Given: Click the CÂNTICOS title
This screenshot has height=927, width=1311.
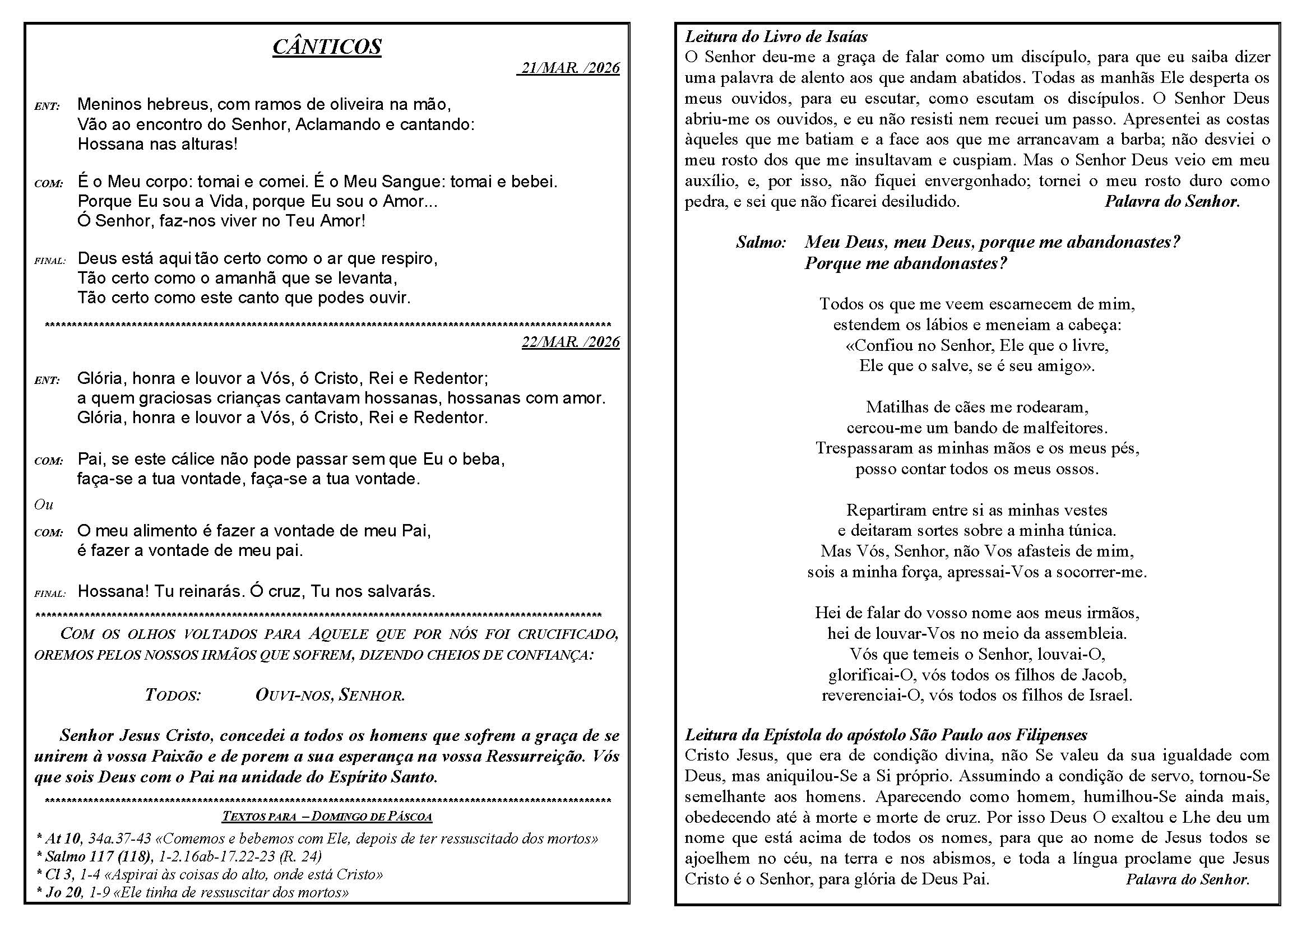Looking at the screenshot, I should point(327,47).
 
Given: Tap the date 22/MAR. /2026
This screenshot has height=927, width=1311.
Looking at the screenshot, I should point(571,342).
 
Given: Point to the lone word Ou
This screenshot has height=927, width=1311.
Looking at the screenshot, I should point(43,504).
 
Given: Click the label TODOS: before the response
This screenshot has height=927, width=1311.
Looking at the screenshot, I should point(173,695).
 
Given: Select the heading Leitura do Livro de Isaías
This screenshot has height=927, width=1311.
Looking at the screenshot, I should point(776,37).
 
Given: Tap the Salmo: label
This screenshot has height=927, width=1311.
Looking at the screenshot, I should point(761,243).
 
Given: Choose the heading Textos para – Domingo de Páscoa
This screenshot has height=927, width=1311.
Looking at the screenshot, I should point(327,816).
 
